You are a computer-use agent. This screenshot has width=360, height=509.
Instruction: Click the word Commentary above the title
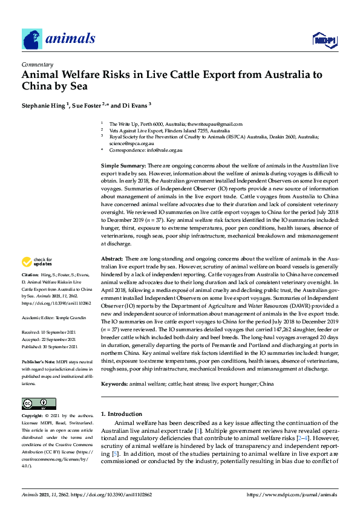click(36, 63)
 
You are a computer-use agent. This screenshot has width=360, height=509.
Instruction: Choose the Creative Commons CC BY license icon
click(34, 403)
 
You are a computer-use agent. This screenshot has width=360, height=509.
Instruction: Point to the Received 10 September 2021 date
click(56, 332)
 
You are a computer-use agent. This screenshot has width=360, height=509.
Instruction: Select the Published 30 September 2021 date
click(58, 346)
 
